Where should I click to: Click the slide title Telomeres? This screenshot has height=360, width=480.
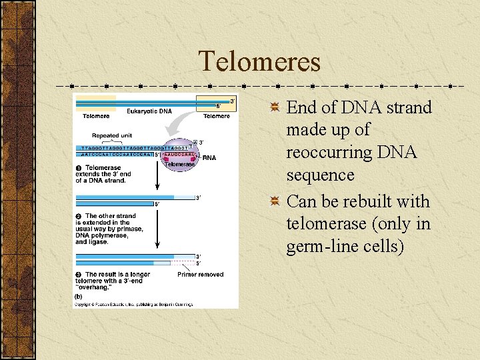tap(259, 62)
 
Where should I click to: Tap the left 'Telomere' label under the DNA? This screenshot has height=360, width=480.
tap(96, 116)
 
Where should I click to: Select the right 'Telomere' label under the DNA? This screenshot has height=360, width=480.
tap(217, 116)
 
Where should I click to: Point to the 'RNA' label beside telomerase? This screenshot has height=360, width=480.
tap(209, 158)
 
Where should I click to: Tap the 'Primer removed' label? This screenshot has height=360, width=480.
tap(201, 275)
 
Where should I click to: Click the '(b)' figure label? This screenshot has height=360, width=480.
tap(79, 297)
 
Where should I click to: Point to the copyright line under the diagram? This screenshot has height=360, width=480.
tap(133, 305)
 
